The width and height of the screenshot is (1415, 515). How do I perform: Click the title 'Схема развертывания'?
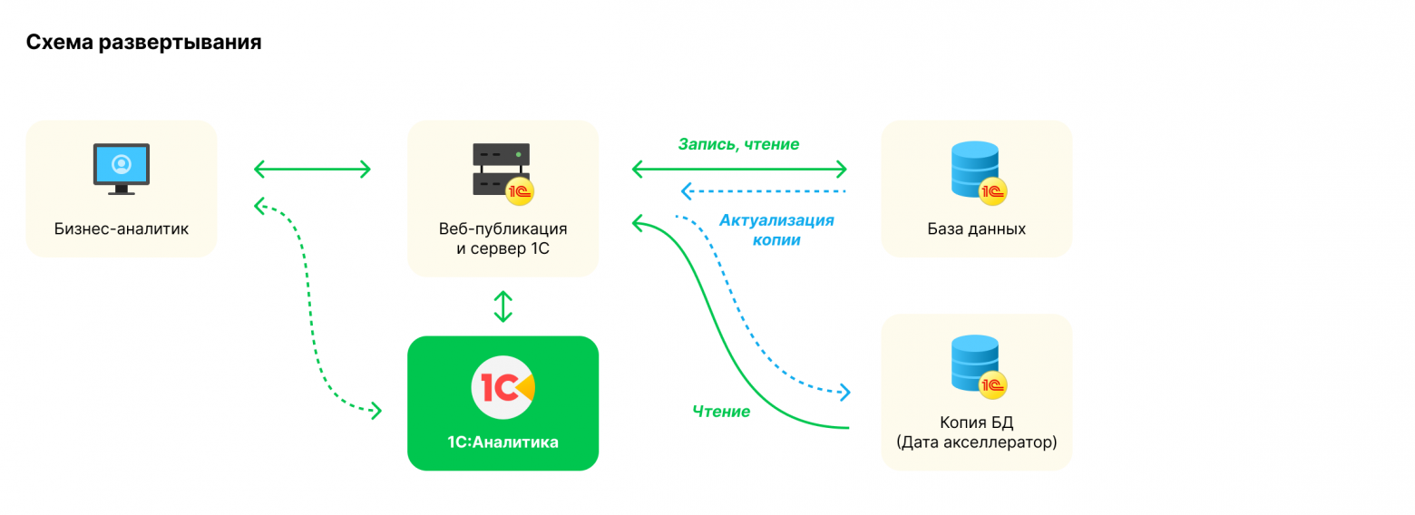point(143,42)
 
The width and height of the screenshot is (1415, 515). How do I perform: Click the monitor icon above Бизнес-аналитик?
point(122,168)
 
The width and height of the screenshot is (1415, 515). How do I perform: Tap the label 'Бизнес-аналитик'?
point(122,228)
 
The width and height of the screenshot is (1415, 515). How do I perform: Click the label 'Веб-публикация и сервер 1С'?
point(503,238)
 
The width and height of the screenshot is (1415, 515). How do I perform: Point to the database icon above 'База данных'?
point(975,169)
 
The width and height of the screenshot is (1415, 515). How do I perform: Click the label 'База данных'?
point(977,228)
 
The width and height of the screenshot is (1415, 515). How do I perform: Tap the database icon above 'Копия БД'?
point(975,363)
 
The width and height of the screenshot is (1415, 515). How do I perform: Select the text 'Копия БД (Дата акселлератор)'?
point(977,432)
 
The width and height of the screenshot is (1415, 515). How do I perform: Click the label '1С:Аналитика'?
point(503,442)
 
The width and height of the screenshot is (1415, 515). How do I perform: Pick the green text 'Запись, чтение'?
point(738,144)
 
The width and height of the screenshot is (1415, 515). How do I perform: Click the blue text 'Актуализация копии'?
point(776,230)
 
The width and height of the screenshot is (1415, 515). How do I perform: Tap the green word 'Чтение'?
point(721,412)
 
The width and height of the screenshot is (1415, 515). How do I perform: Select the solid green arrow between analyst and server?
point(312,169)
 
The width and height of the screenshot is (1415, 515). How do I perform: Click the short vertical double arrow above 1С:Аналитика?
point(503,306)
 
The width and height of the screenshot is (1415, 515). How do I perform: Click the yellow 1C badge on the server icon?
point(521,191)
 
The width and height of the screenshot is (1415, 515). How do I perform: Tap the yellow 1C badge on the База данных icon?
point(995,191)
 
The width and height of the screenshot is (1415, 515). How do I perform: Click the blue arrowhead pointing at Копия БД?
point(844,393)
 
